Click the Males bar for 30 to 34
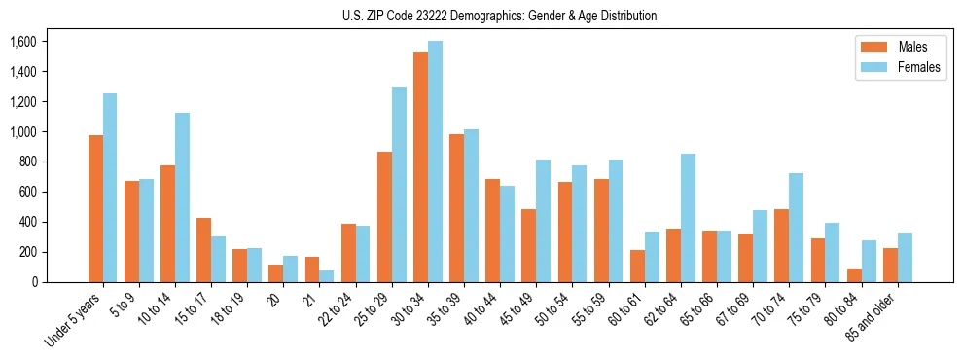pos(420,166)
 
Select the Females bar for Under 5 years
pos(110,188)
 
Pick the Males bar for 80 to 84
pos(854,275)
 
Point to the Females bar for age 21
pos(327,276)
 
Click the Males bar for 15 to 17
pos(203,250)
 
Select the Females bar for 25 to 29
pos(399,185)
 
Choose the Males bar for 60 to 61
pos(637,267)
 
